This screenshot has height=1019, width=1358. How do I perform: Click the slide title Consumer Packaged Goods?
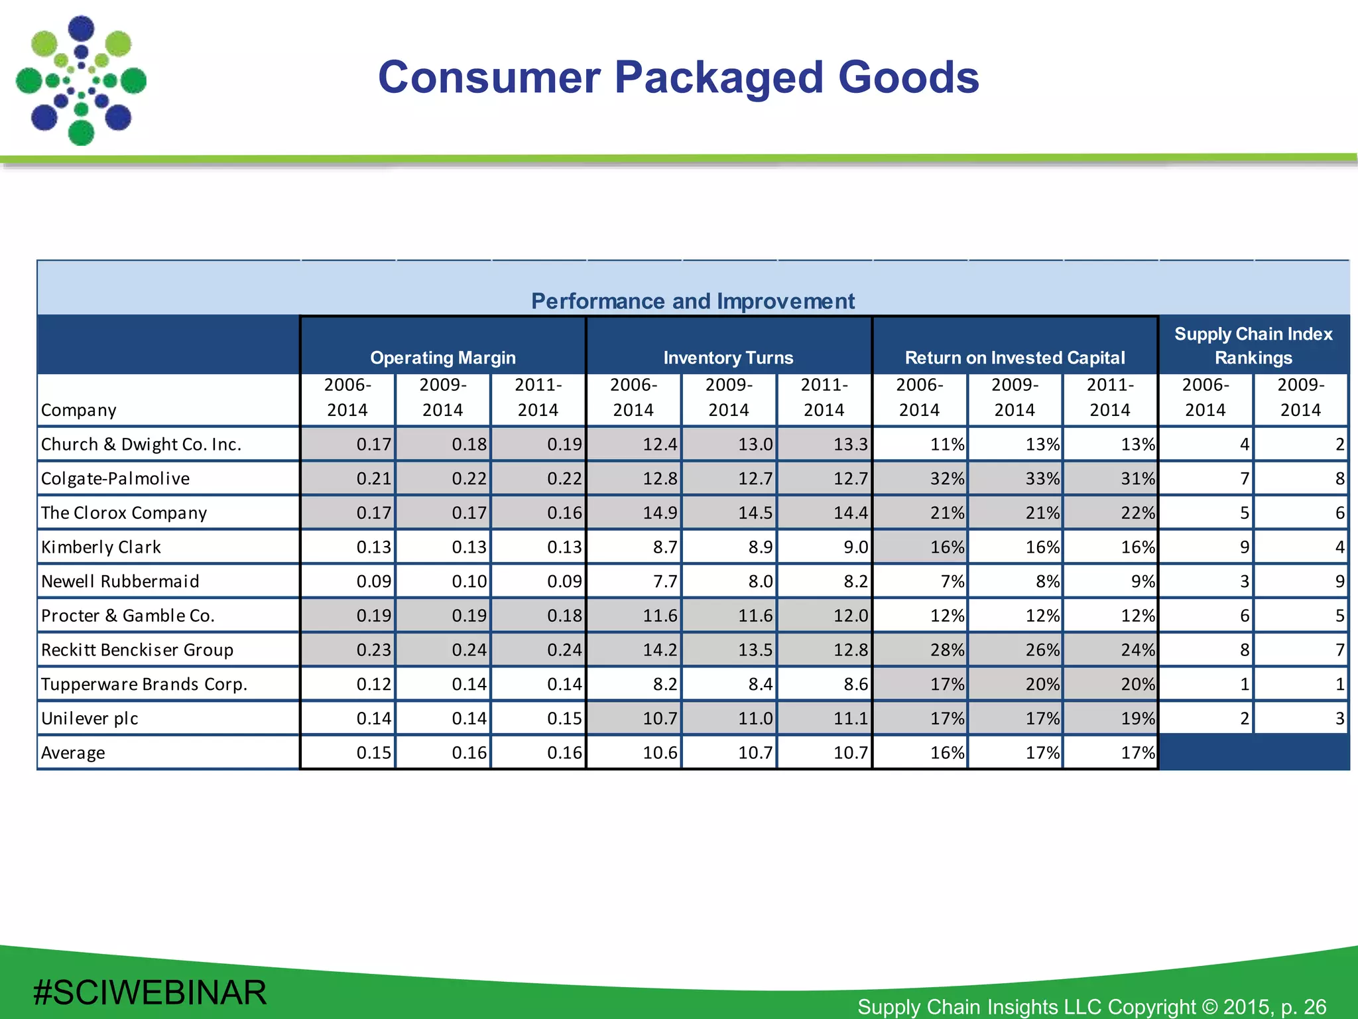pos(678,78)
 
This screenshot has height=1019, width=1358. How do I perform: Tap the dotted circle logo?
pos(81,81)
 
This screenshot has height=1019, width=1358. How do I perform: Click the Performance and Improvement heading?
pos(693,301)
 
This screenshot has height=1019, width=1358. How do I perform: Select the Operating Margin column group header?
pos(442,358)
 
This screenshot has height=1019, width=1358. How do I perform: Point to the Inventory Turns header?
pos(728,358)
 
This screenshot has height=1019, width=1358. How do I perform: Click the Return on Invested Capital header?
pos(1015,358)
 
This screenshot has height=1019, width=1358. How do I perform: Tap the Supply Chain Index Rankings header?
pos(1253,346)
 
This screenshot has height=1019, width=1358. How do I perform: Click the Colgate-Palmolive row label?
pos(115,478)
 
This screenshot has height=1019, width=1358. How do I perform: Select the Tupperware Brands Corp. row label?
pos(144,684)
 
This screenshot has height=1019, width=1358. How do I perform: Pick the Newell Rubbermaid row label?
pos(120,581)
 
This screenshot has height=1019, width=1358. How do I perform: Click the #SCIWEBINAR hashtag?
pos(150,992)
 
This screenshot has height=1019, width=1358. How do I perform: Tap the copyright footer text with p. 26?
pos(1091,1006)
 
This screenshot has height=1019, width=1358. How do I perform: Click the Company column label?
pos(78,410)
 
